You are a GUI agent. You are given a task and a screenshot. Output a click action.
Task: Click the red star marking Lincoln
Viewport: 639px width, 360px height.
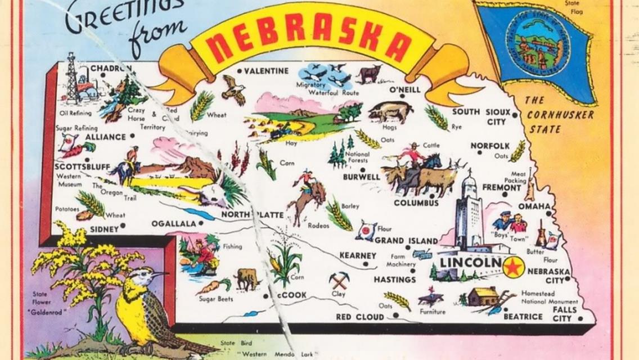point(513,267)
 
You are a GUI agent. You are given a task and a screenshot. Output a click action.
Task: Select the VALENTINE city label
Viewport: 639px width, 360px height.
point(266,71)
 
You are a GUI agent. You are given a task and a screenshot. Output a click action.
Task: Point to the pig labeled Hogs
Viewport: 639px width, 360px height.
point(390,111)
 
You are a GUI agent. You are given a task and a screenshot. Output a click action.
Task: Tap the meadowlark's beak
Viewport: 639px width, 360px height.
point(160,274)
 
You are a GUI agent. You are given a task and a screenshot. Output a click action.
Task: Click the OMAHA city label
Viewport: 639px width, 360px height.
point(534,206)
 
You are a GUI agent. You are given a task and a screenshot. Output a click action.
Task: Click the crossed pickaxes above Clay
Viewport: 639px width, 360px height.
point(339,280)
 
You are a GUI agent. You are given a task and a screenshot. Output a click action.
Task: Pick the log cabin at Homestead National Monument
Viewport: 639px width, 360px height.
point(483,296)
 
